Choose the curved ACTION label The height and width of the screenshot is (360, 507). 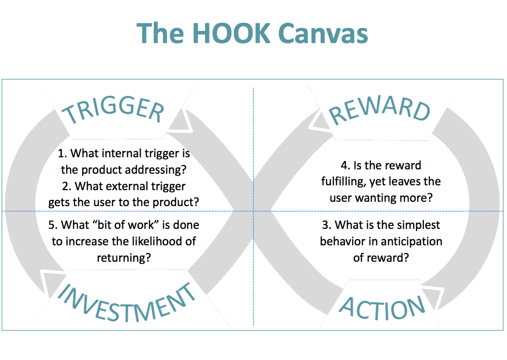(x=382, y=308)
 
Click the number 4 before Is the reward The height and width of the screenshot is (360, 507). (x=344, y=165)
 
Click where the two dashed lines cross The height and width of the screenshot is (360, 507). (x=253, y=211)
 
